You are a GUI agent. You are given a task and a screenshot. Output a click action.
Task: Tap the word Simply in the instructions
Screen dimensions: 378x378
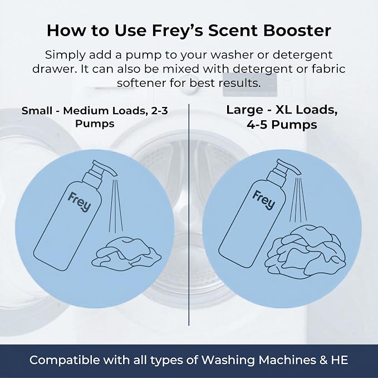[x=65, y=56]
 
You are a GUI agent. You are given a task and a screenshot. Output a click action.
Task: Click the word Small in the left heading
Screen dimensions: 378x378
[x=37, y=111]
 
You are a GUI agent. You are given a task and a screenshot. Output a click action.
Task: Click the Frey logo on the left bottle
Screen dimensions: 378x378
[x=80, y=202]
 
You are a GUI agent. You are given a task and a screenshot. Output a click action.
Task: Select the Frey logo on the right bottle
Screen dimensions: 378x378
[x=264, y=200]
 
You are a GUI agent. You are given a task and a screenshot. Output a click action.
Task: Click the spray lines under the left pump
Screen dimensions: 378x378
[x=116, y=205]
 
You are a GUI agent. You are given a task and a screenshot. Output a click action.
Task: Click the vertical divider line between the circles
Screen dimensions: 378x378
[x=189, y=215]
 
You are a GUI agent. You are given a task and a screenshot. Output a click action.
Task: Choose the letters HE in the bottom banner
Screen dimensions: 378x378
[x=340, y=360]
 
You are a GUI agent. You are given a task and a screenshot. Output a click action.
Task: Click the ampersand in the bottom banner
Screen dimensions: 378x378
[x=323, y=360]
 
